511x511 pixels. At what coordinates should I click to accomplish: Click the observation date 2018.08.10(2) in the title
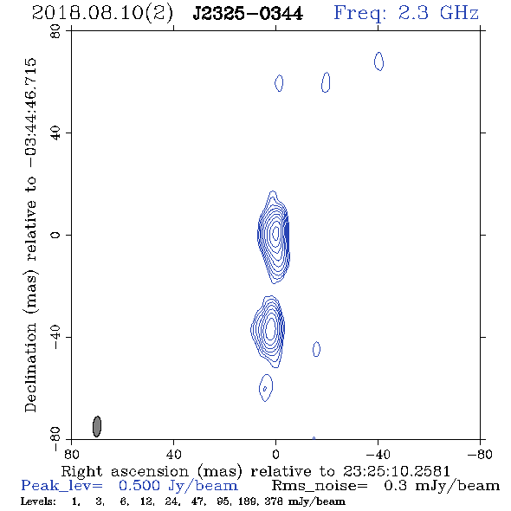[103, 14]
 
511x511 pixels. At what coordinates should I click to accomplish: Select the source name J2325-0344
[248, 14]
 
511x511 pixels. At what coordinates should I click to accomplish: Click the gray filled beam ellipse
[97, 426]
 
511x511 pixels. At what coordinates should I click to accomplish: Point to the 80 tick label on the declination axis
[55, 31]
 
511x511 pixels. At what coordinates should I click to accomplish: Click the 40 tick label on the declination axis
[55, 133]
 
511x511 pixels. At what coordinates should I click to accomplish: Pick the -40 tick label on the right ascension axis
[378, 454]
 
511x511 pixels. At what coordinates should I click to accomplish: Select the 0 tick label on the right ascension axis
[275, 454]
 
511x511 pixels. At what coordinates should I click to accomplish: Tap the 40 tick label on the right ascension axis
[173, 454]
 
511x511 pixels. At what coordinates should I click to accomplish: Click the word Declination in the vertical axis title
[30, 367]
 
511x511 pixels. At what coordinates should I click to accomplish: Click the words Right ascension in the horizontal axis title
[125, 471]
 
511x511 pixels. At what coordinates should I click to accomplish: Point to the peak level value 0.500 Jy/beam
[178, 486]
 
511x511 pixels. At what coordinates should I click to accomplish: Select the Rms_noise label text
[320, 486]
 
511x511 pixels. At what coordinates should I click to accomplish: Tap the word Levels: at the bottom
[38, 501]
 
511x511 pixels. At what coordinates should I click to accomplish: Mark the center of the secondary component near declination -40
[270, 330]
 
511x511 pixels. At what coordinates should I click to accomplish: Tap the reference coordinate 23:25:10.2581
[397, 471]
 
